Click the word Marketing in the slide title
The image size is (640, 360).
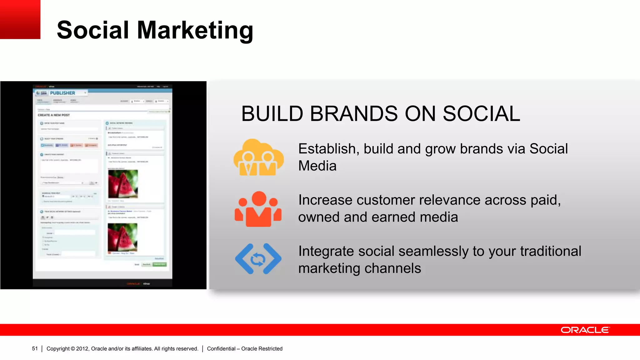(x=195, y=30)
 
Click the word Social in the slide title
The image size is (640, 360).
(x=93, y=30)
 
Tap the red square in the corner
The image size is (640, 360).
(x=20, y=19)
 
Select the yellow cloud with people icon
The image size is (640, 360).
(x=258, y=157)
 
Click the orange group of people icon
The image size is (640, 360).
(x=258, y=209)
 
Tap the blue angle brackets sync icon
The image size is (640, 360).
(x=258, y=259)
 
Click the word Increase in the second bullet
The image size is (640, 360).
(x=325, y=200)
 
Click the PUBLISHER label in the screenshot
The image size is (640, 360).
(x=62, y=93)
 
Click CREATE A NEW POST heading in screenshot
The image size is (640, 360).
(x=54, y=115)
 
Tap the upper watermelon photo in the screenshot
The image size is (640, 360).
(x=123, y=184)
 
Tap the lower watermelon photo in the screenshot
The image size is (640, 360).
(x=122, y=237)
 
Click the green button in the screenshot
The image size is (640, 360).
(x=160, y=264)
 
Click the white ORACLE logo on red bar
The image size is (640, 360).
(x=585, y=330)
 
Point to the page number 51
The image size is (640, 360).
(x=35, y=349)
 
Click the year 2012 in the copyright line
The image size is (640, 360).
(x=82, y=349)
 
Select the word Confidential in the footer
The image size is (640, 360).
(x=221, y=349)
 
